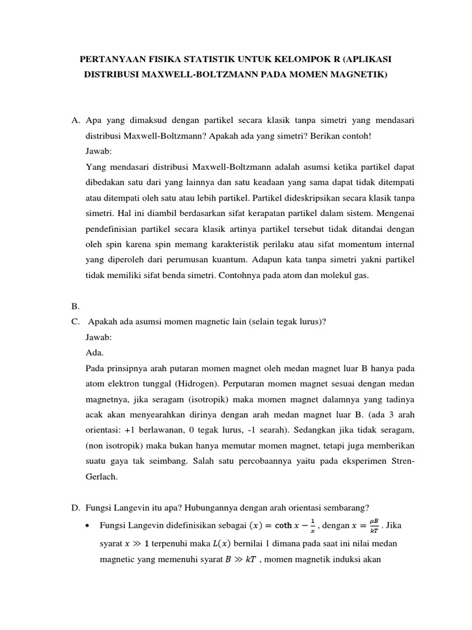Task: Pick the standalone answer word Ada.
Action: [x=95, y=353]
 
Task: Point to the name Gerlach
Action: [x=103, y=476]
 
